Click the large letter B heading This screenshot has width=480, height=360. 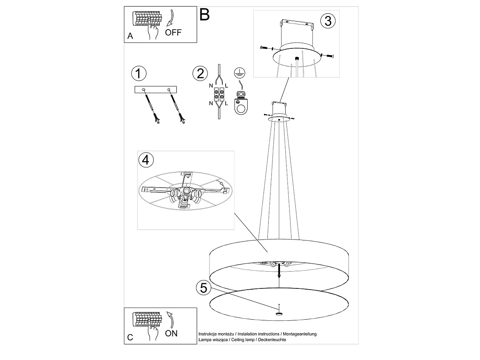click(204, 15)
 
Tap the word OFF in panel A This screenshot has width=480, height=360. click(173, 33)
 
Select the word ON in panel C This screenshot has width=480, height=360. click(171, 333)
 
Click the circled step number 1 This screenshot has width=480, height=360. click(138, 74)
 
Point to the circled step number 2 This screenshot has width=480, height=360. click(200, 74)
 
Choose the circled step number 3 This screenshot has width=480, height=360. click(328, 21)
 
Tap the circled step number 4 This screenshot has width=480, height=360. click(146, 160)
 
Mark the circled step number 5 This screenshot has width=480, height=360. click(204, 288)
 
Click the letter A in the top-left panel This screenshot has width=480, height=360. click(130, 36)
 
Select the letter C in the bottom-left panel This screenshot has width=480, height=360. click(130, 338)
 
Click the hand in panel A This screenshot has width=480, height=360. click(152, 31)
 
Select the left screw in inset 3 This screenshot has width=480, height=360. click(265, 48)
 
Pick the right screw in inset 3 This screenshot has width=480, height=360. click(328, 56)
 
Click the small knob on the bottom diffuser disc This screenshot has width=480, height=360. click(278, 313)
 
